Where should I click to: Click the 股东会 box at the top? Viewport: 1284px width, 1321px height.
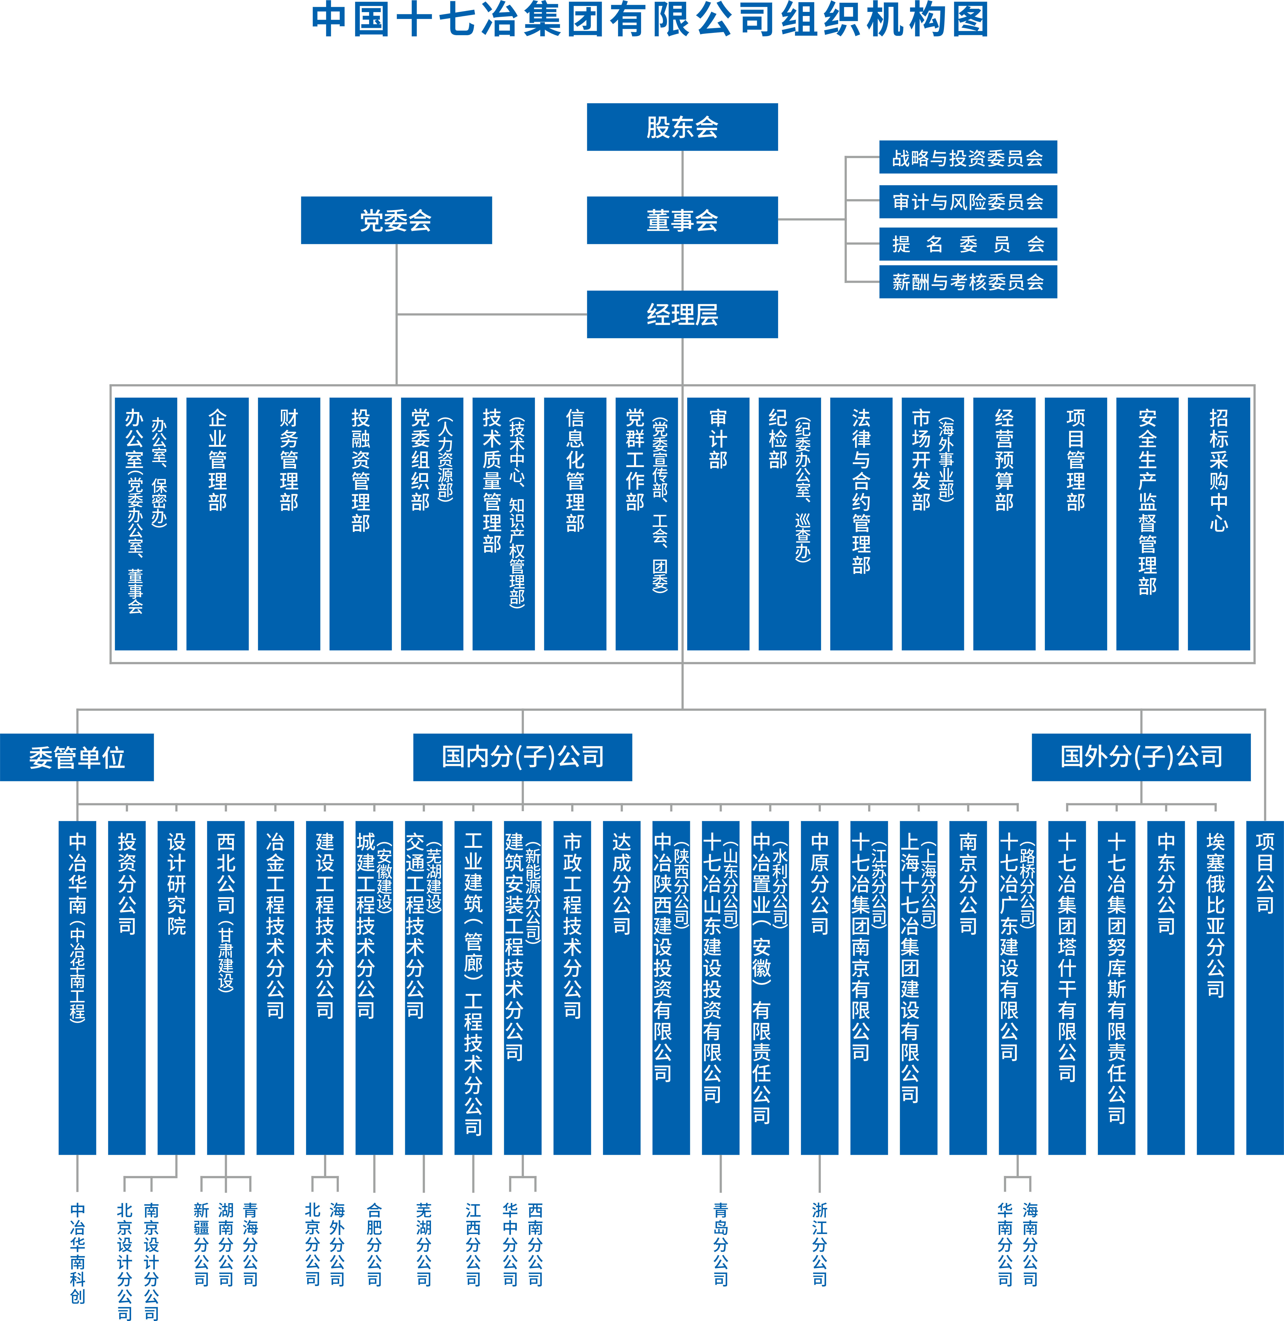point(682,127)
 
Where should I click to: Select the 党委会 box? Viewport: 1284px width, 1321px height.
point(396,220)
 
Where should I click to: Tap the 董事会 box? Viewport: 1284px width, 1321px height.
point(682,220)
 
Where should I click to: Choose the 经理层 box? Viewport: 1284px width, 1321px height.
point(682,314)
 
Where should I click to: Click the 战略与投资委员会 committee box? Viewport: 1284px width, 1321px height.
point(968,157)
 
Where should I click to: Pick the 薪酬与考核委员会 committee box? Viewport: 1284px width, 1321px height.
point(968,281)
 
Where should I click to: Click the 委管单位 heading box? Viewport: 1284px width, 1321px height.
point(77,757)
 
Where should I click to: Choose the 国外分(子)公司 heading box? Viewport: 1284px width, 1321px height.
point(1141,757)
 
